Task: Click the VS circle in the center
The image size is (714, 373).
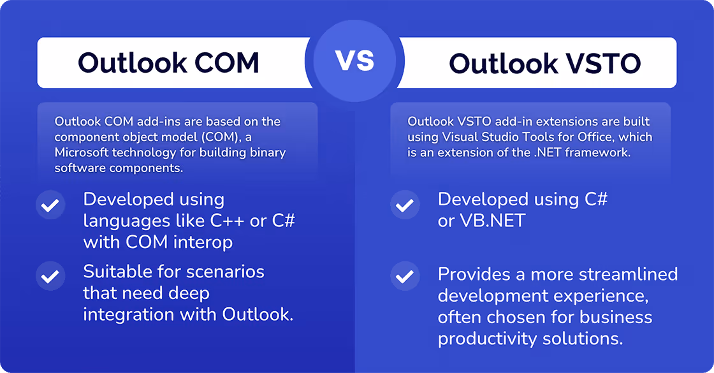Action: pyautogui.click(x=356, y=62)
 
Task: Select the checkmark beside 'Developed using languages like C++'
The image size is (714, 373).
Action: pyautogui.click(x=50, y=206)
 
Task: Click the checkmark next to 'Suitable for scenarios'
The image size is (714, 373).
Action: pyautogui.click(x=50, y=277)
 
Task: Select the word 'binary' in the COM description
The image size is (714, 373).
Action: pyautogui.click(x=268, y=152)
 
